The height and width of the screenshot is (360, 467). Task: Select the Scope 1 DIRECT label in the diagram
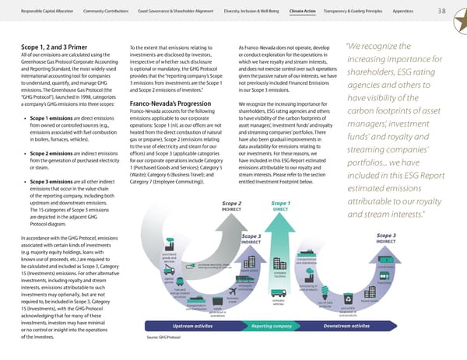click(281, 183)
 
